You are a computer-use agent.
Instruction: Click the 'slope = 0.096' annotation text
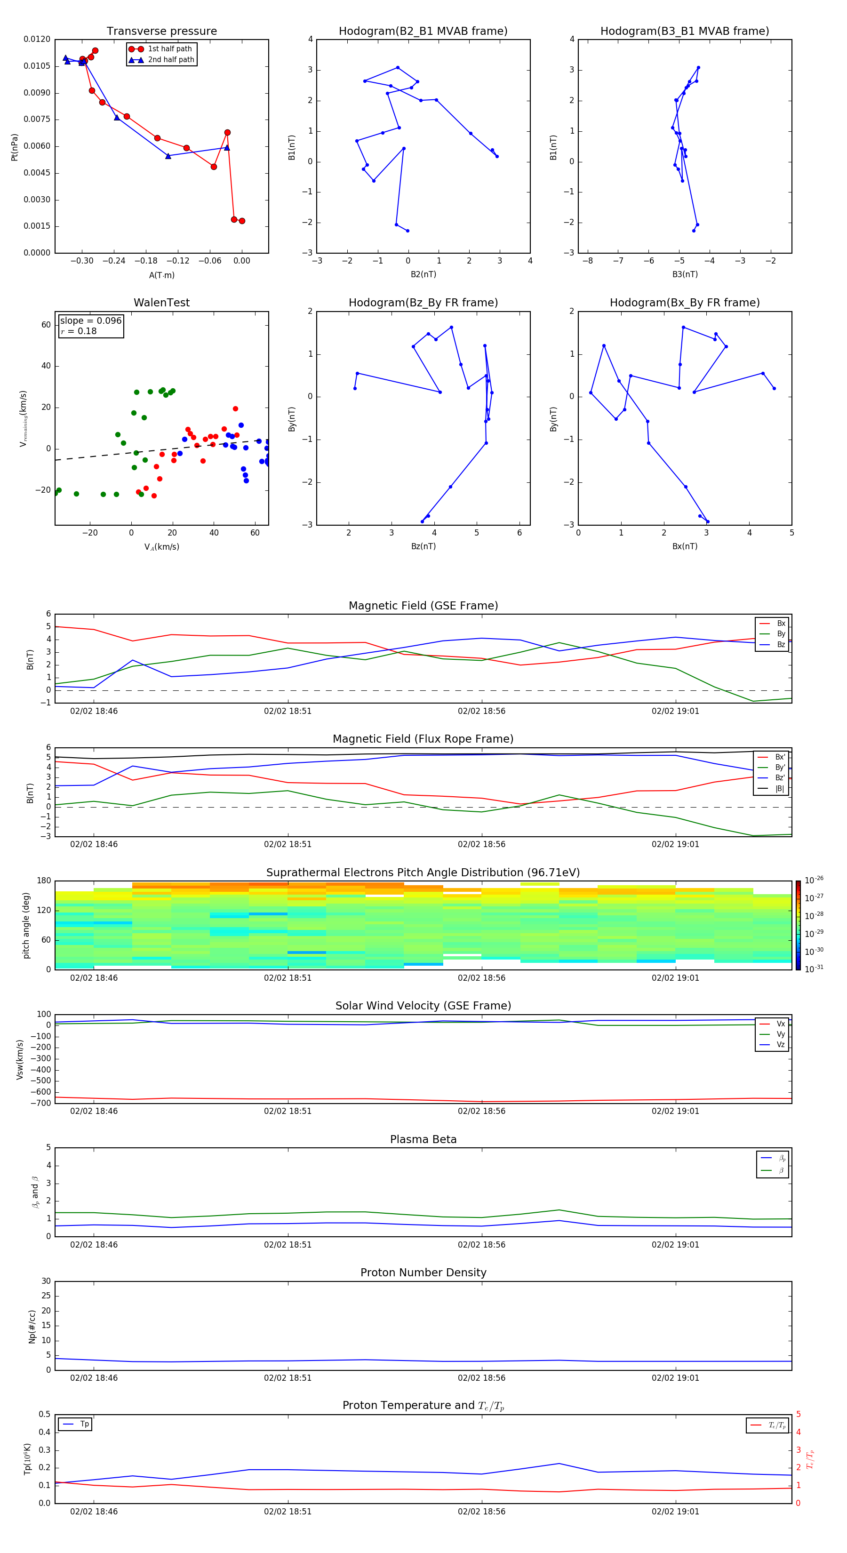pyautogui.click(x=90, y=321)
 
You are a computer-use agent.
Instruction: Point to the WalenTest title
pyautogui.click(x=161, y=303)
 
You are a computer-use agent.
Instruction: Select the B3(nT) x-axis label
pyautogui.click(x=685, y=274)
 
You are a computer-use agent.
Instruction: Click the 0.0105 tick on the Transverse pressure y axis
pyautogui.click(x=37, y=66)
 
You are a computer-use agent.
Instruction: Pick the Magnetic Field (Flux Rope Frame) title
pyautogui.click(x=423, y=739)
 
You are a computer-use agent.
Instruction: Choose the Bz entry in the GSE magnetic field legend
pyautogui.click(x=781, y=644)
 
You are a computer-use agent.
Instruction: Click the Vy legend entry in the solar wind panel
pyautogui.click(x=780, y=1034)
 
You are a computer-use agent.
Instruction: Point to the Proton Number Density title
pyautogui.click(x=423, y=1273)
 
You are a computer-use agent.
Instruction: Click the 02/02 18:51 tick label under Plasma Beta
pyautogui.click(x=288, y=1245)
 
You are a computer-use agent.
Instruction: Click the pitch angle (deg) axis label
pyautogui.click(x=26, y=925)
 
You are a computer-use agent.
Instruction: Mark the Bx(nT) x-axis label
pyautogui.click(x=685, y=546)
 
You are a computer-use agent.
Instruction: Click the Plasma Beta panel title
pyautogui.click(x=423, y=1139)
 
